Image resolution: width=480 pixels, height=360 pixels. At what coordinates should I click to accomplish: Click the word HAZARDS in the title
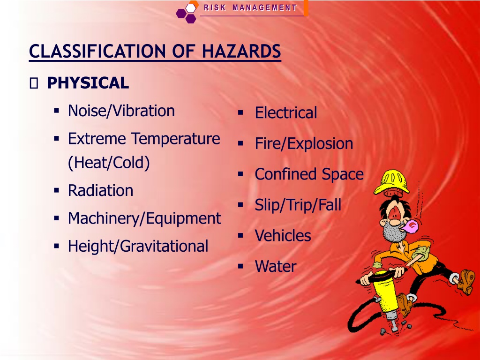tap(241, 51)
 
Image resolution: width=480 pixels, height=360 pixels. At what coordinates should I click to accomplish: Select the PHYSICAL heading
tap(88, 83)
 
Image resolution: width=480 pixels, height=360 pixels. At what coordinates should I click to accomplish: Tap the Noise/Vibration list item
tap(121, 111)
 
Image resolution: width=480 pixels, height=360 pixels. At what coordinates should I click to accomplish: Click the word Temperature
tap(176, 139)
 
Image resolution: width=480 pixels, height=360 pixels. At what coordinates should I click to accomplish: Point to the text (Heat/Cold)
tap(109, 163)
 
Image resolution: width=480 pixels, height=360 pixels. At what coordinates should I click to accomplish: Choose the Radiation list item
tap(100, 190)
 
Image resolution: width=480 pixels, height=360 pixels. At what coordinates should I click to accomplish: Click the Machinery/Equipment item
tap(144, 218)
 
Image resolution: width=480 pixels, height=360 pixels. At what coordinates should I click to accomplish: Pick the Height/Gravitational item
tap(138, 246)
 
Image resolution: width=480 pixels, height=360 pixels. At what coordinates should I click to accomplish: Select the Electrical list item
tap(286, 112)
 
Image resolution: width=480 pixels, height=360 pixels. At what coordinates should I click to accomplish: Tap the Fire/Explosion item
tap(304, 143)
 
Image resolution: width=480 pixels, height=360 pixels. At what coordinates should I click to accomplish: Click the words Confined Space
tap(309, 174)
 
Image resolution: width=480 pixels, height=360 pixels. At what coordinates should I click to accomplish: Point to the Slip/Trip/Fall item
tap(298, 205)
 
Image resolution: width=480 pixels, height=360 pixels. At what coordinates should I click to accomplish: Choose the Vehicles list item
tap(283, 236)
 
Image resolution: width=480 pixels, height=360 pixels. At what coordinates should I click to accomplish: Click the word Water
tap(276, 266)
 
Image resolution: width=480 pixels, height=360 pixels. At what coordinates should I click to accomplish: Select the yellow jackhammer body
tap(385, 292)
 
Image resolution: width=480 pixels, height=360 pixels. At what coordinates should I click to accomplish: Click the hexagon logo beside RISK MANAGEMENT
tap(186, 13)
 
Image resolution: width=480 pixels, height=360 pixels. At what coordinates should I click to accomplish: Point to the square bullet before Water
tap(240, 266)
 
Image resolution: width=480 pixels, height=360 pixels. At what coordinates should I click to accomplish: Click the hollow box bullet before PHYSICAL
tap(34, 83)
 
